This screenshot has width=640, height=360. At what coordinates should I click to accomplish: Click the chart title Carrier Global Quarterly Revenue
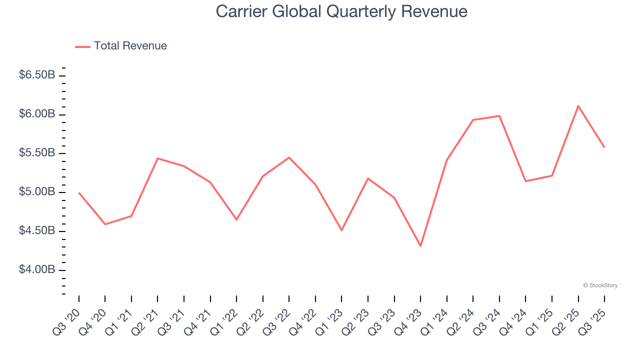(341, 11)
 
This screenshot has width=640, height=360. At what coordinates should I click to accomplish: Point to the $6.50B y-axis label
(37, 75)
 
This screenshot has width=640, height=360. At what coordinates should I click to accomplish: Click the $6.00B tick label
(37, 114)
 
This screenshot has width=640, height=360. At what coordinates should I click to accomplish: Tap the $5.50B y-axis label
(37, 152)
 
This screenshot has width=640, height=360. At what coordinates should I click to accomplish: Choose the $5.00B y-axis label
(37, 191)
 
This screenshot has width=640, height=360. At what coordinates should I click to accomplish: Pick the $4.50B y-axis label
(37, 230)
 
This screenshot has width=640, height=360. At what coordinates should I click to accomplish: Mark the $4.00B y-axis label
(37, 269)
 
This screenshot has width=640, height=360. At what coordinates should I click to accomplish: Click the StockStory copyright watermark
(600, 285)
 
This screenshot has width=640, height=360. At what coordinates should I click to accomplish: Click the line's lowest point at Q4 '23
(420, 246)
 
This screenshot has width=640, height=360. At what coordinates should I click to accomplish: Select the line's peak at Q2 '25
(578, 106)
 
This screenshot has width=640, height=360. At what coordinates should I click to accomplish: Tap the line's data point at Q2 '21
(157, 158)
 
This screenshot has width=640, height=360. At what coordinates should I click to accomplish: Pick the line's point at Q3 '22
(289, 157)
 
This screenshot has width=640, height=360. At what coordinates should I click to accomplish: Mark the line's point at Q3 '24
(499, 116)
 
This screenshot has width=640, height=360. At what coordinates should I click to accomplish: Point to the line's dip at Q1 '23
(341, 230)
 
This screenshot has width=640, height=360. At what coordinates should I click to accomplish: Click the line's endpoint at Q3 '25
(604, 147)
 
